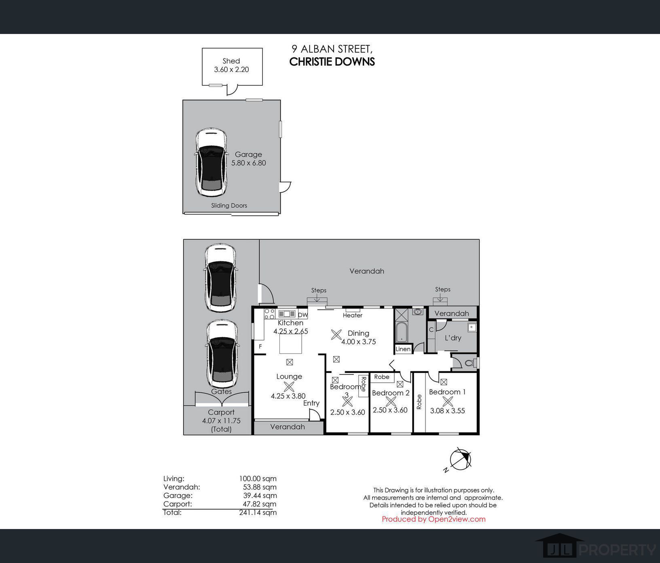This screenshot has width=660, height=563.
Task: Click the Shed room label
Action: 231,61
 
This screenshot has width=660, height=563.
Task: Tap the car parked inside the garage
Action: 211,163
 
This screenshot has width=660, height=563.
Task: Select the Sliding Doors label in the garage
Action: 229,205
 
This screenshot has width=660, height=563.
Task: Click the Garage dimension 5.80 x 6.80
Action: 248,163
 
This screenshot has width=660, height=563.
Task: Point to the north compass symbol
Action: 461,459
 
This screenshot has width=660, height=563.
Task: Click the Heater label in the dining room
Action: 353,315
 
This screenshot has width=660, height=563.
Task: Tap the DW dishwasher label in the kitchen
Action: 302,315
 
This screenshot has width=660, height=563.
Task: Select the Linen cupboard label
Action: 403,349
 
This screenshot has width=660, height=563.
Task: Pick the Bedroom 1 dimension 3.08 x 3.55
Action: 447,411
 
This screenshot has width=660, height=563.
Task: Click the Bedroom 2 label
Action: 391,393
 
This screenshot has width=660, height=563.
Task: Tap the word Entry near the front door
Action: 311,403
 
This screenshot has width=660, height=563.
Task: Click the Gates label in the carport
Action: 221,392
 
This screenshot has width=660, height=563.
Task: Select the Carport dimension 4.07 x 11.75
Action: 221,421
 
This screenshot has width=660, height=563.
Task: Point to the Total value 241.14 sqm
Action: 258,512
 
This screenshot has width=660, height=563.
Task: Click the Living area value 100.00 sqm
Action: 258,478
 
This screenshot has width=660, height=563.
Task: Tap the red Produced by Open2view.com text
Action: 434,519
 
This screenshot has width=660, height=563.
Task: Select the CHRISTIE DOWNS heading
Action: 332,61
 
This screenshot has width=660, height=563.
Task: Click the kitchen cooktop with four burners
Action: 269,313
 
